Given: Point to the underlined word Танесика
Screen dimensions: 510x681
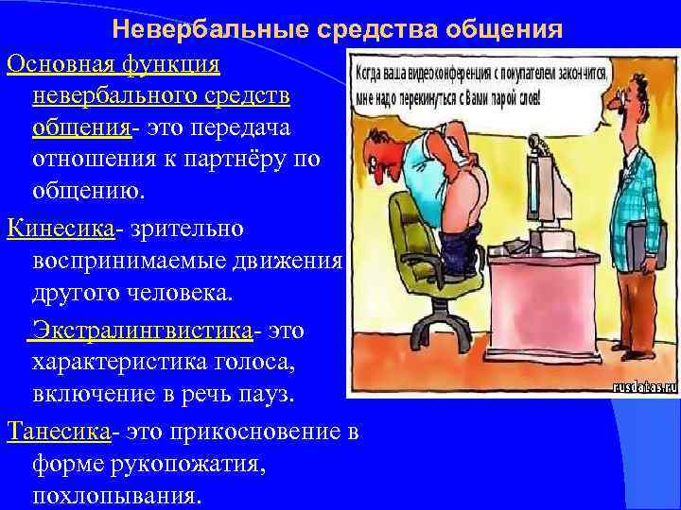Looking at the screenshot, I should [x=59, y=432].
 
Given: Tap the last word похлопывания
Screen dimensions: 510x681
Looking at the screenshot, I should [x=116, y=495].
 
